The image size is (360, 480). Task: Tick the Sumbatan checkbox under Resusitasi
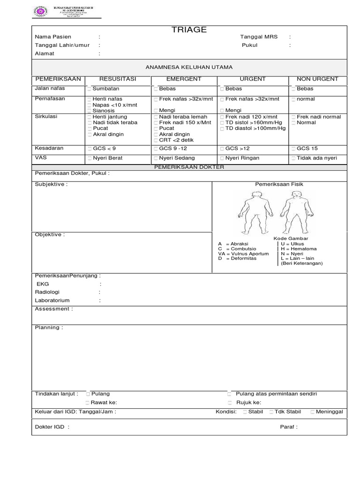click(89, 89)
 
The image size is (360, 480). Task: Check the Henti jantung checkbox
click(89, 117)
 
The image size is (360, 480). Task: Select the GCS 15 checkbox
click(293, 149)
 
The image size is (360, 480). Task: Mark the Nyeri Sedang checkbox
click(156, 158)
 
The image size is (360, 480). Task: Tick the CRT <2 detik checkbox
click(156, 140)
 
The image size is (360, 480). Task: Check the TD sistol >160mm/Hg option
click(222, 123)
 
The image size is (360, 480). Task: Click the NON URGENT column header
click(317, 79)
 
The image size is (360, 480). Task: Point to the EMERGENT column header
click(184, 79)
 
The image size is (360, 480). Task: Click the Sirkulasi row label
click(46, 117)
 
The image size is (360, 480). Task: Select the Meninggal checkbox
click(312, 412)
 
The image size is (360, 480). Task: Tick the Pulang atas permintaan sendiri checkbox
click(230, 394)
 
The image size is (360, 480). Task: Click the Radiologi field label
click(47, 292)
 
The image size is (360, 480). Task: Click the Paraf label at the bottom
click(288, 427)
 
